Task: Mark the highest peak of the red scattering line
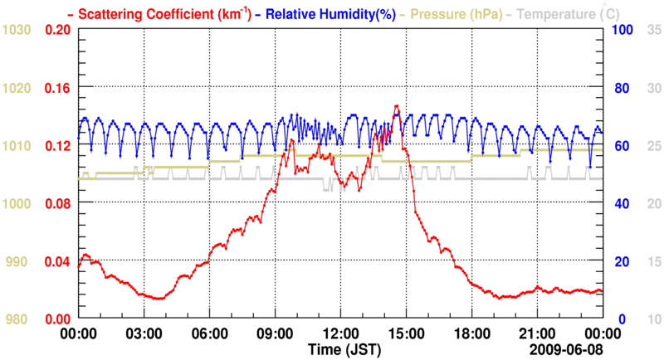(397, 106)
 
